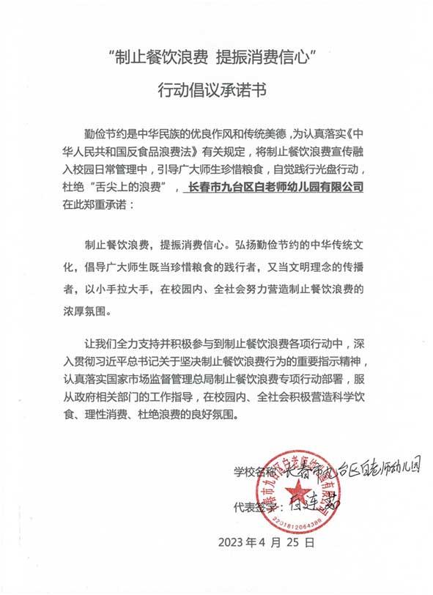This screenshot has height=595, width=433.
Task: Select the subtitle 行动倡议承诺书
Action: (x=216, y=89)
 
